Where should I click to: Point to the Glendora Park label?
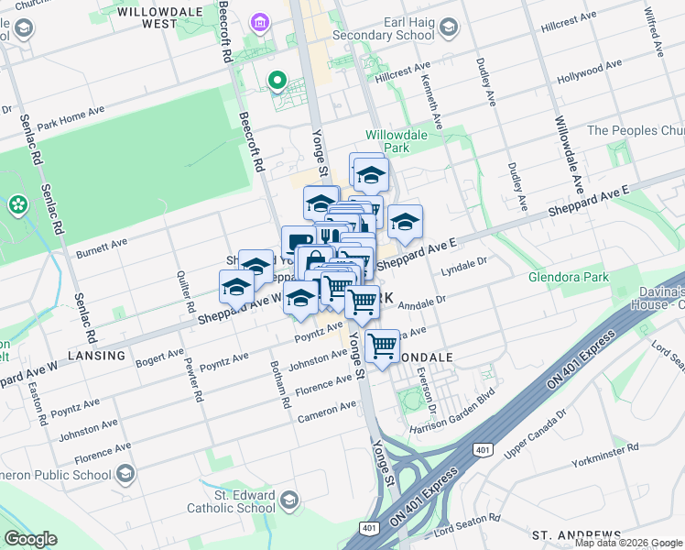tap(567, 277)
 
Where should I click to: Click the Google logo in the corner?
tap(30, 539)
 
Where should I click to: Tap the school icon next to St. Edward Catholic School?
tap(290, 500)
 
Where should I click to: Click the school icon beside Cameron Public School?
tap(125, 474)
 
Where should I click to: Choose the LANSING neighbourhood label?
tap(96, 356)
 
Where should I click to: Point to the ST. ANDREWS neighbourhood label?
tap(576, 534)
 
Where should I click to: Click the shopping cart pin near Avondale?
tap(383, 346)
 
